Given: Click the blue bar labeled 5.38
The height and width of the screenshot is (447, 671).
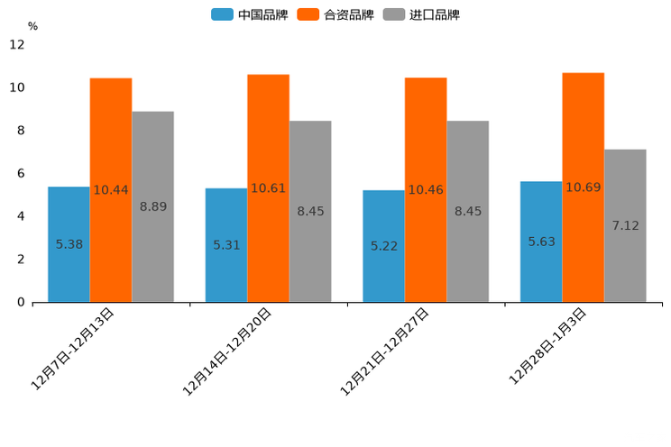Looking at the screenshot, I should [69, 243].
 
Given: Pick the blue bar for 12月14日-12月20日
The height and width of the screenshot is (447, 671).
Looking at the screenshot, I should [226, 244].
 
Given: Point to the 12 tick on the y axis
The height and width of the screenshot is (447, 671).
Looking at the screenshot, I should [17, 44].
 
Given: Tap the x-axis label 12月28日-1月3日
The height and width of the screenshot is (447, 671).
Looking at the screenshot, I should [548, 346].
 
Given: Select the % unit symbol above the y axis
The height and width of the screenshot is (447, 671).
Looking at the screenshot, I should [32, 26].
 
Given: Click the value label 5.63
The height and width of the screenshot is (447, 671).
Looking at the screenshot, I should [542, 242].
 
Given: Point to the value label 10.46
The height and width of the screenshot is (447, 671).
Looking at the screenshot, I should [426, 190].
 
